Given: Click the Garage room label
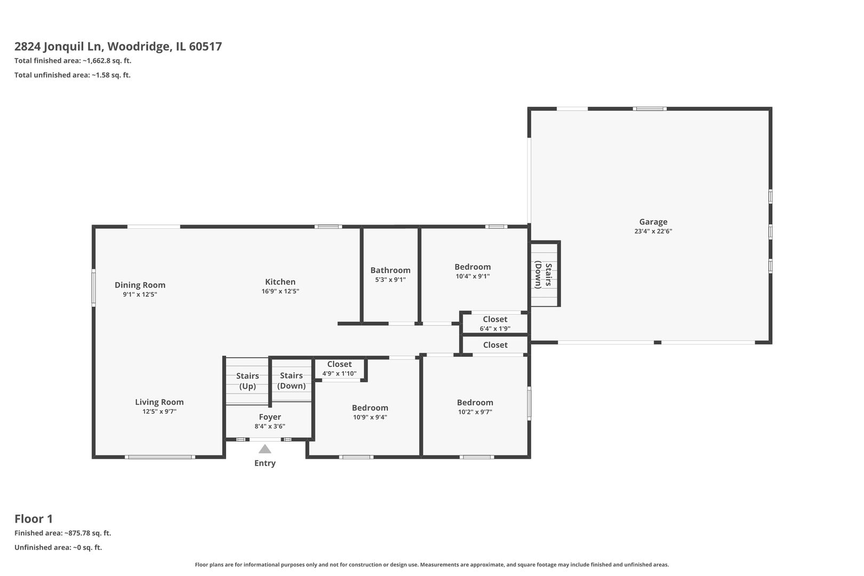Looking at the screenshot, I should point(653,222).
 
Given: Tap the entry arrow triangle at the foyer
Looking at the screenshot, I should point(265,449).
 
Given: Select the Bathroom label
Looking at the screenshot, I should point(390,270).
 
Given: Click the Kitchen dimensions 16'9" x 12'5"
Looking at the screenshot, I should point(280,291).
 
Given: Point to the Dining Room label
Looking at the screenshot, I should point(140,285).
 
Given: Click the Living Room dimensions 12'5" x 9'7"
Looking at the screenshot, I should point(159,412).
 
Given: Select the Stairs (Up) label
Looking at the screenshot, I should point(247,381).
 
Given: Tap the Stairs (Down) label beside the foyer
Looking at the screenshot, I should point(291,381).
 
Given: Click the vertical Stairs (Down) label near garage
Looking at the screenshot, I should point(543,274).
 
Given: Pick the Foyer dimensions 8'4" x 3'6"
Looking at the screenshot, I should point(270,426).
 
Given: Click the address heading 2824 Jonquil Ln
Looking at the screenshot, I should point(118,46).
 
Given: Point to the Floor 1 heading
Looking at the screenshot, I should point(34,518).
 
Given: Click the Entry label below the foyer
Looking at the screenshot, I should point(265,463).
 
